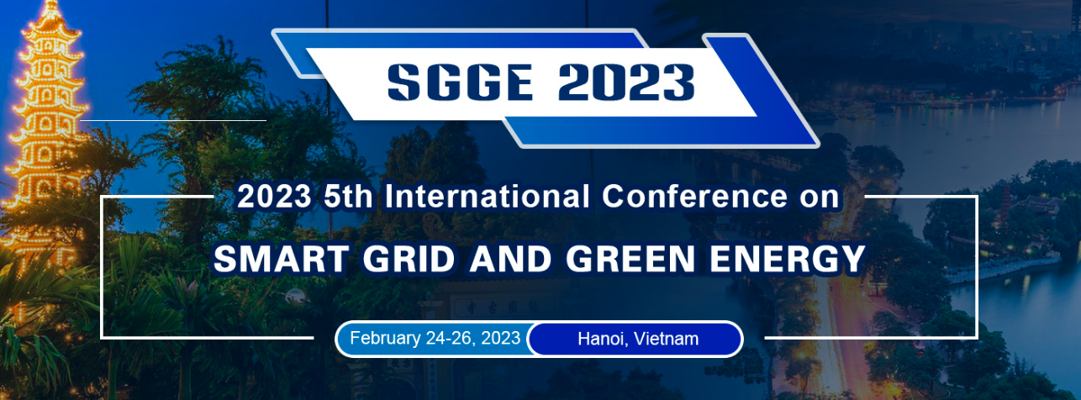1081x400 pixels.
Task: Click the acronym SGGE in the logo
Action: coord(461,82)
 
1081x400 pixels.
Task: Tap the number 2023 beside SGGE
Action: coord(626,82)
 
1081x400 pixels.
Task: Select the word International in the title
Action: coord(487,197)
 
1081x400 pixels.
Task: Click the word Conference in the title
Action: coord(694,197)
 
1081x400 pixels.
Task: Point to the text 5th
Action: coord(348,197)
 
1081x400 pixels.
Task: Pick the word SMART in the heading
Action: coord(281,259)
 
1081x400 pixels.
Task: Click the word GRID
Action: coord(409,259)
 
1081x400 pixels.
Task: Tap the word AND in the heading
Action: coord(510,259)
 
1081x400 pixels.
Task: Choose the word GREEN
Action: coord(630,259)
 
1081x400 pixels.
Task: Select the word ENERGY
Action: coord(788,259)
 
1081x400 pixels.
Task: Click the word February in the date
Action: coord(385,339)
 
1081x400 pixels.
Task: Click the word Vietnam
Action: coord(667,339)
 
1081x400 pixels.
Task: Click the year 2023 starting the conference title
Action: coord(274,197)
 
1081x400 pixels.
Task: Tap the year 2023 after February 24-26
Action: coord(500,338)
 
